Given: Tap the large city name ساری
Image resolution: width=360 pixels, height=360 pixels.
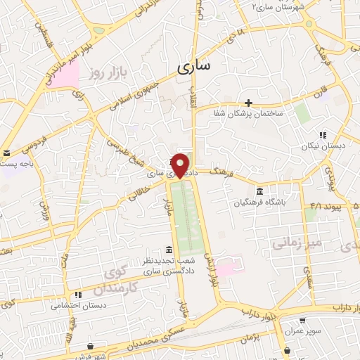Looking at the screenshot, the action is click(x=193, y=67).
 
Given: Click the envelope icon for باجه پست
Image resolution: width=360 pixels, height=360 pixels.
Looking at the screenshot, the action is click(x=6, y=153).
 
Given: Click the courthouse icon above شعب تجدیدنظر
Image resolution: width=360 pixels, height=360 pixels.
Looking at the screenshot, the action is click(x=168, y=250).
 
